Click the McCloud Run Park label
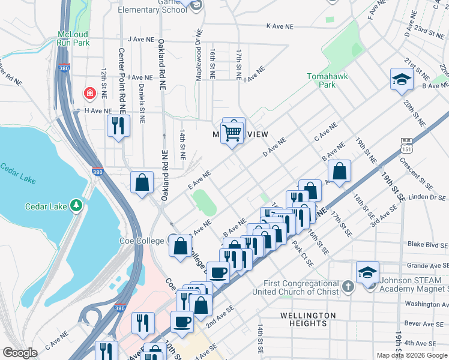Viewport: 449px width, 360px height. click(x=73, y=38)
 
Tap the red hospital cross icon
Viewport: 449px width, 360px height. click(x=89, y=94)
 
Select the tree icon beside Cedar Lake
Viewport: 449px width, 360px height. click(x=76, y=206)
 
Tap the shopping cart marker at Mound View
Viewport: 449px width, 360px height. click(x=232, y=131)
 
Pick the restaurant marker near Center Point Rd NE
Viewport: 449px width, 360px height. click(x=118, y=126)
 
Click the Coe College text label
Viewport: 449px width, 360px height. click(x=142, y=241)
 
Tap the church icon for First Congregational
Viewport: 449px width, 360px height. click(x=347, y=287)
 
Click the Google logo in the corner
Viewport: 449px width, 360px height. click(x=20, y=353)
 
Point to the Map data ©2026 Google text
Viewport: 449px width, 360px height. click(x=412, y=355)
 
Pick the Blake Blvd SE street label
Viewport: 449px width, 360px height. click(x=426, y=244)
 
